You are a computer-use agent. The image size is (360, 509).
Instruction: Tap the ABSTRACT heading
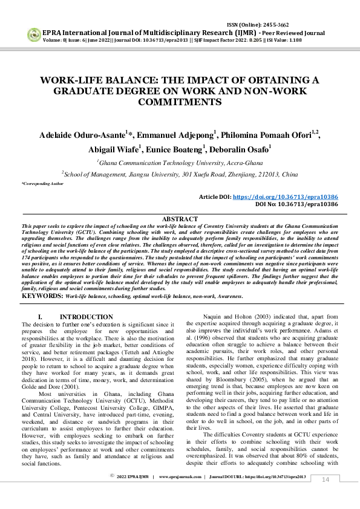click(180, 219)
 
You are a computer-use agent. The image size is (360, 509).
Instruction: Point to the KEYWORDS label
click(42, 296)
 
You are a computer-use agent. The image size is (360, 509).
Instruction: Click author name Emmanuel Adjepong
click(175, 135)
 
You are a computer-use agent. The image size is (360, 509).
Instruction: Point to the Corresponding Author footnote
click(42, 183)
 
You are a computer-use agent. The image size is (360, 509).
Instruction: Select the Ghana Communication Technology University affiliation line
click(180, 163)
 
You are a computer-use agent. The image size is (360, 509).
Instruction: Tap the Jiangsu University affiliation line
click(180, 174)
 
